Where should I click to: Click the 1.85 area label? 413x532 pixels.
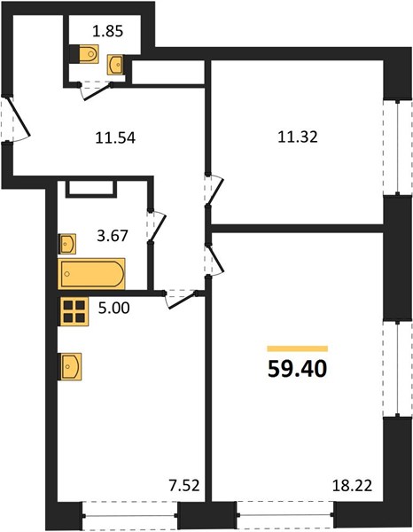[107, 31]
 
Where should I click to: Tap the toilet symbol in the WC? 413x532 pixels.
[89, 53]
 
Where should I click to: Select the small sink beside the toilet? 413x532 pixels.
[116, 64]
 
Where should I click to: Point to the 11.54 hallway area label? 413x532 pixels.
[115, 138]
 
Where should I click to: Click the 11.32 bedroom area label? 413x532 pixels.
[298, 137]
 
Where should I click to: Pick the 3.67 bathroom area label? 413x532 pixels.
[113, 236]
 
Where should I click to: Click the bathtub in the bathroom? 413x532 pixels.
[91, 273]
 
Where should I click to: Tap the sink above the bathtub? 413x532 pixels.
[67, 244]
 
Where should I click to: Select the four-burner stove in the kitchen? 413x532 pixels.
[74, 311]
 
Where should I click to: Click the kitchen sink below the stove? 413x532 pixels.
[70, 366]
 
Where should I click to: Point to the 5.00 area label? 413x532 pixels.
[114, 308]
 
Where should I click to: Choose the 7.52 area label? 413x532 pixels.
[183, 486]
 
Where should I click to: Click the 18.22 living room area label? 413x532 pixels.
[353, 486]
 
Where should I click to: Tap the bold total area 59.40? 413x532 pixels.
[298, 369]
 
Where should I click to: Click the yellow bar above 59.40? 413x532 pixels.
[298, 348]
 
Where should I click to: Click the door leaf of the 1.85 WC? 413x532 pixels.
[97, 92]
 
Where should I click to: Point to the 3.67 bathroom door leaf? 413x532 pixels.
[158, 228]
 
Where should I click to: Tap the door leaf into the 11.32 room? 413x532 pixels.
[215, 192]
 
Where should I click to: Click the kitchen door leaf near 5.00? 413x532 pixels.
[183, 301]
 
